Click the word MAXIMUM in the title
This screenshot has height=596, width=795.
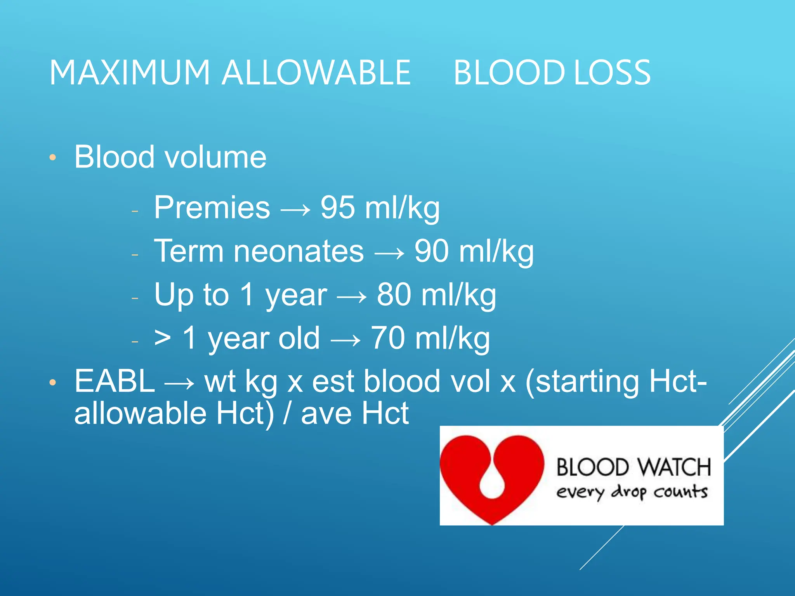tap(130, 73)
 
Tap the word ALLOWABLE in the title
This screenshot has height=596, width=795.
tap(316, 73)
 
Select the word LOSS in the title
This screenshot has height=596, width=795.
tap(612, 73)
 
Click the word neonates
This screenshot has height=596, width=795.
tap(299, 251)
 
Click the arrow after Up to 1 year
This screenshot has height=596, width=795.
tap(352, 297)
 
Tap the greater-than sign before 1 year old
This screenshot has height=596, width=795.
tap(162, 338)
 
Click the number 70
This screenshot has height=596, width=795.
tap(388, 338)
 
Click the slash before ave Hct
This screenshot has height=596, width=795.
tap(287, 413)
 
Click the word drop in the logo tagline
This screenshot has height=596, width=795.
tap(629, 492)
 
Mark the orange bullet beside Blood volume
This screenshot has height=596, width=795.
tap(53, 158)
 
